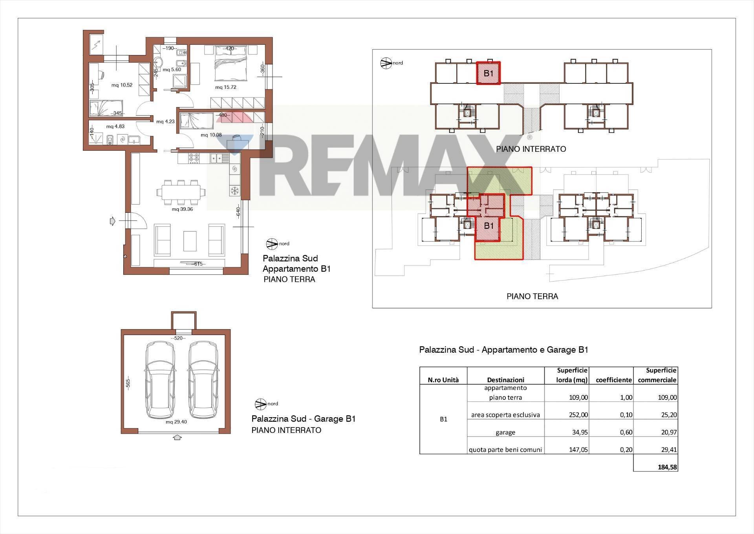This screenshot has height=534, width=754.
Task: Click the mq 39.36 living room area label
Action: click(182, 209)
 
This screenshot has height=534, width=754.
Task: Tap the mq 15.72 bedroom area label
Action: click(226, 87)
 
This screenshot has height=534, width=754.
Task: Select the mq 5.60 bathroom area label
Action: click(172, 70)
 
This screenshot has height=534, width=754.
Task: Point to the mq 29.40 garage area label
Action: click(176, 422)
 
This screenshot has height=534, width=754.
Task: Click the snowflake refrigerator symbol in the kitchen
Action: click(235, 191)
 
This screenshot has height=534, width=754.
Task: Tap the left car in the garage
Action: click(160, 380)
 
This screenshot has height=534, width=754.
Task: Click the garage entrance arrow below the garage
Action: click(177, 437)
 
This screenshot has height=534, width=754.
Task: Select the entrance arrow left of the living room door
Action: click(113, 221)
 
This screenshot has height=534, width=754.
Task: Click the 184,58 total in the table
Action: click(668, 467)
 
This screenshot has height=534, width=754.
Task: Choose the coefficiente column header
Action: click(614, 380)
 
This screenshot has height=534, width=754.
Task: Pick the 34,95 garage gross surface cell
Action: click(578, 432)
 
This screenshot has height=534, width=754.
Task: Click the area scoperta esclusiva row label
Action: click(505, 415)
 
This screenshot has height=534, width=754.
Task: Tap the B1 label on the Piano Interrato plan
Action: click(488, 73)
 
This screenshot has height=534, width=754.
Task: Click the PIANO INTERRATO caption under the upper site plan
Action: click(531, 149)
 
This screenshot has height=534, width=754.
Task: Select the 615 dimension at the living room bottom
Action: click(198, 264)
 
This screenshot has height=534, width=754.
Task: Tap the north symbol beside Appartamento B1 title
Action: click(271, 244)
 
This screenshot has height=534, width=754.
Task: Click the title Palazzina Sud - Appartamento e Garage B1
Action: click(503, 350)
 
